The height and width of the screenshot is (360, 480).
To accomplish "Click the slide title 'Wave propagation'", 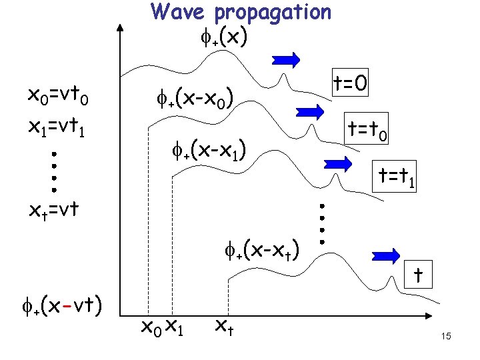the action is [241, 12].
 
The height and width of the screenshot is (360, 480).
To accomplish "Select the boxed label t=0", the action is [353, 83].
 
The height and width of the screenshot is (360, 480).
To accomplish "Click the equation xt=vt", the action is [53, 211].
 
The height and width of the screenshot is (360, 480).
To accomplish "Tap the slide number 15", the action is [446, 337].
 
